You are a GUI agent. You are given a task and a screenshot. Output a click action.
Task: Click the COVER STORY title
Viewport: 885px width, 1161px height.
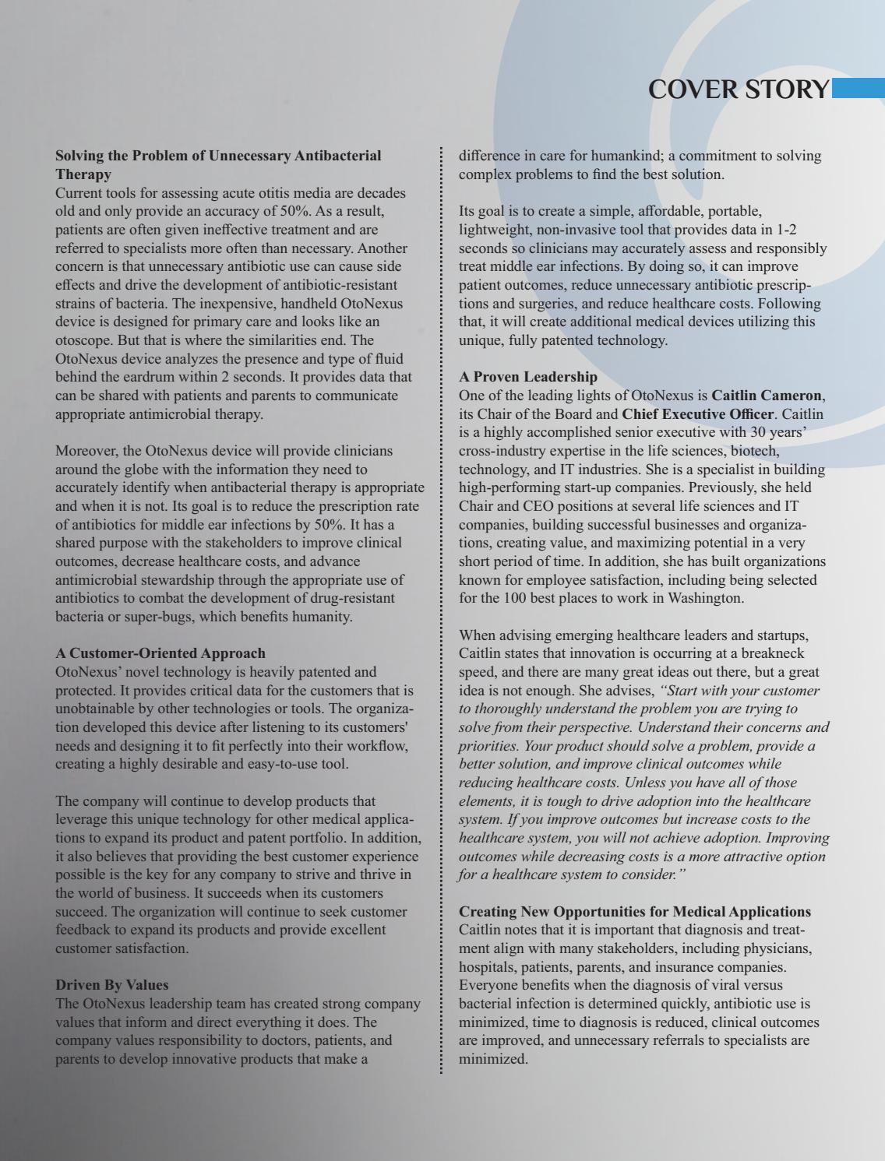click(738, 90)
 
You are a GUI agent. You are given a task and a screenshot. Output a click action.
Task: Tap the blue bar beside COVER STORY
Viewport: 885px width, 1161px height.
click(858, 88)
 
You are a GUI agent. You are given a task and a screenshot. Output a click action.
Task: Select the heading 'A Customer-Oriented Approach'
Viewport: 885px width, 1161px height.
click(160, 653)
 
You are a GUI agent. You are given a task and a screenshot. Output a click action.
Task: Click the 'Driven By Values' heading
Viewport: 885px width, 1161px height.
click(111, 985)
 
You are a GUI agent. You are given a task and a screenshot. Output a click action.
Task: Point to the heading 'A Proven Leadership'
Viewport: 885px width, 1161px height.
click(527, 378)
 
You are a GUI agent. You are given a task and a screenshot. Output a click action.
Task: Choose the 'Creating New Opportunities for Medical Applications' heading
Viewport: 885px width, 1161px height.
click(634, 912)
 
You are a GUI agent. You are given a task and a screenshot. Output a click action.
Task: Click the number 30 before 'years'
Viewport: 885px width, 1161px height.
click(757, 432)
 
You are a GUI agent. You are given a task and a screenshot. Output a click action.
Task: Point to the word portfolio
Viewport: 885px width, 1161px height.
click(311, 838)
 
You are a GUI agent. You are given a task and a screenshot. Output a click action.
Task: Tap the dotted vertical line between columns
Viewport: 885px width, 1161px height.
click(441, 607)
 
